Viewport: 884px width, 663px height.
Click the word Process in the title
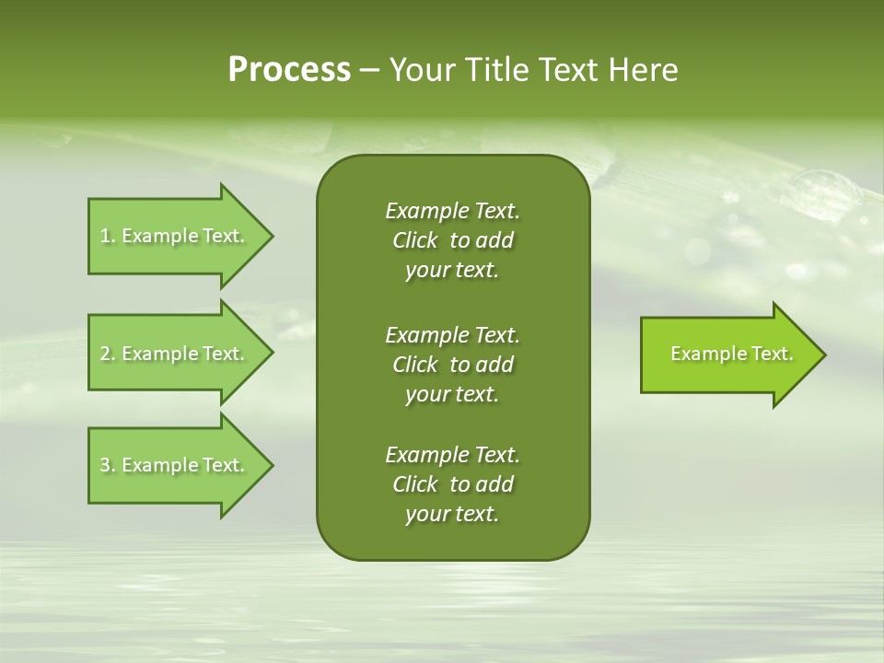289,70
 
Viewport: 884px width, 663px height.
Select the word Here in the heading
642,70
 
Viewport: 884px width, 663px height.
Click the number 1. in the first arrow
108,236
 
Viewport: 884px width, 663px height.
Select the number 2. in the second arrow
108,354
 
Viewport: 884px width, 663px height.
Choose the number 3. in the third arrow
108,465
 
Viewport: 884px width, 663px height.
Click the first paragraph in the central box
452,240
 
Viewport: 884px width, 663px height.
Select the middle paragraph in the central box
452,365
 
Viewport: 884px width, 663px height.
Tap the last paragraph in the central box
452,484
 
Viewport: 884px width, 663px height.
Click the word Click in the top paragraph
415,240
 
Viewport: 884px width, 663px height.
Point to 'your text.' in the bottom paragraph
452,514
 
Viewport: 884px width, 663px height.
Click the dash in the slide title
369,70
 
